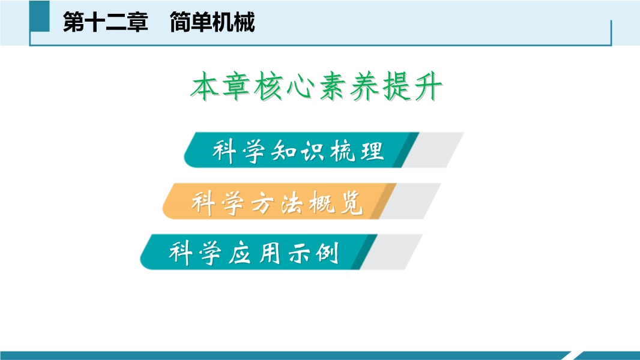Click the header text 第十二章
pyautogui.click(x=105, y=22)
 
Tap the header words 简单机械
pyautogui.click(x=213, y=22)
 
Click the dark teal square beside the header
pyautogui.click(x=40, y=16)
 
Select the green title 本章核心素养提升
pyautogui.click(x=317, y=86)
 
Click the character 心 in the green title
pyautogui.click(x=301, y=87)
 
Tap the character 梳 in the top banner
pyautogui.click(x=342, y=151)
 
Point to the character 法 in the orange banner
pyautogui.click(x=292, y=202)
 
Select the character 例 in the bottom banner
pyautogui.click(x=327, y=253)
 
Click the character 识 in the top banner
pyautogui.click(x=313, y=151)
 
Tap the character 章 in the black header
pyautogui.click(x=137, y=22)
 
